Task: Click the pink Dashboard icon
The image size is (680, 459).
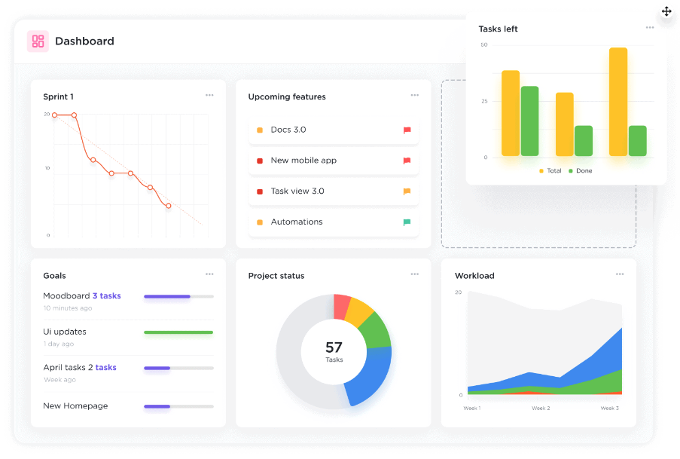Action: coord(38,41)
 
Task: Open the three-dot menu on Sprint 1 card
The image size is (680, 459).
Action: coord(209,95)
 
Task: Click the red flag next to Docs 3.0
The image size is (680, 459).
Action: coord(407,130)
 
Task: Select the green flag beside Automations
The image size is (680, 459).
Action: coord(407,222)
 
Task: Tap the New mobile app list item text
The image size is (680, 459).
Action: coord(303,161)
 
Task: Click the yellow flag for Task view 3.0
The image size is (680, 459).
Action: coord(407,191)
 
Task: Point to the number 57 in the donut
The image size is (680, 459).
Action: coord(334,347)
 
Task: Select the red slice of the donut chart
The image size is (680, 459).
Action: coord(342,306)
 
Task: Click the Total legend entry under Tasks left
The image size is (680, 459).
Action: coord(550,171)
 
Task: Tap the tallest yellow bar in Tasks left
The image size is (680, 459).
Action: coord(618,102)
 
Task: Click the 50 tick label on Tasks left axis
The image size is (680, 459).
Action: coord(483,45)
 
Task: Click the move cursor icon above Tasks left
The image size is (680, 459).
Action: coord(666,11)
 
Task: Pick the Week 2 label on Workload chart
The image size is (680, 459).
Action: coord(540,408)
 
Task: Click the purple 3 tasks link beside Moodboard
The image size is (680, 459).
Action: coord(106,296)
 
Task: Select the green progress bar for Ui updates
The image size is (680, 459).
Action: coord(178,332)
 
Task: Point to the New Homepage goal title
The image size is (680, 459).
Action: coord(75,406)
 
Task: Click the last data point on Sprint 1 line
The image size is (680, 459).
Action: coord(169,206)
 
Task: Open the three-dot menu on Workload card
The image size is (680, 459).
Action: coord(620,274)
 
